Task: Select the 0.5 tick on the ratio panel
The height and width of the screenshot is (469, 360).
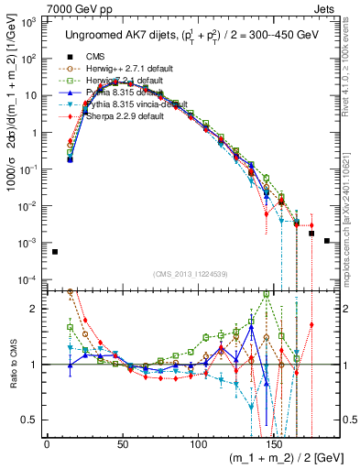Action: [30, 420]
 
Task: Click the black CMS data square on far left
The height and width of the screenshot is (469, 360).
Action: [54, 252]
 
